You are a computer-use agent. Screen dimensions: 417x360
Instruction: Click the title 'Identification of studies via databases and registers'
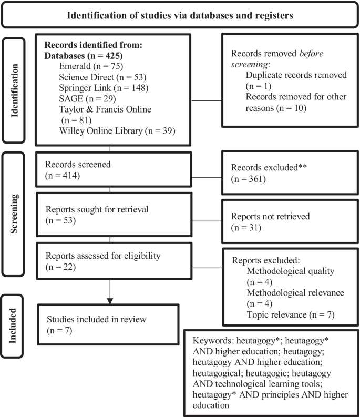click(180, 14)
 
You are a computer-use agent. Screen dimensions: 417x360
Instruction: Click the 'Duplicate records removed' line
click(296, 75)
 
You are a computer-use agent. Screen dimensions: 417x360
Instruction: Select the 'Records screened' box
click(109, 170)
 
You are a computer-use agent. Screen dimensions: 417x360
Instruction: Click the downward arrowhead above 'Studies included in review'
click(109, 300)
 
